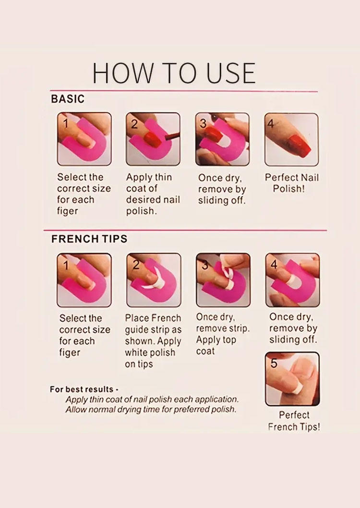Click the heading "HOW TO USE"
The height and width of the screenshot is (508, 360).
(174, 73)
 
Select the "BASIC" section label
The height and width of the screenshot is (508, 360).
(68, 99)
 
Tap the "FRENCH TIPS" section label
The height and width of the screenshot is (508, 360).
(89, 239)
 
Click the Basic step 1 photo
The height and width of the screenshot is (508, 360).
(84, 139)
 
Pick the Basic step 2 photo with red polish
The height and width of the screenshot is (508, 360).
(153, 139)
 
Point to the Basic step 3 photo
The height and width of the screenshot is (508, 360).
(222, 139)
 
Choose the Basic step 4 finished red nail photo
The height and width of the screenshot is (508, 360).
(291, 140)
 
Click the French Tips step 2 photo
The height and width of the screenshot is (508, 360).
(154, 280)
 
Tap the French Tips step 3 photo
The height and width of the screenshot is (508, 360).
(223, 280)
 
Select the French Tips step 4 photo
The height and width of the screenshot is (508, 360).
(293, 280)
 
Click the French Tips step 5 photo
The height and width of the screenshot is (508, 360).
(292, 379)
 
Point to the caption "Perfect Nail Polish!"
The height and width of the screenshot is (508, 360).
(292, 183)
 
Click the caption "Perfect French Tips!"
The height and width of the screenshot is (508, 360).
(294, 421)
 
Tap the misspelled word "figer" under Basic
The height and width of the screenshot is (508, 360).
(68, 211)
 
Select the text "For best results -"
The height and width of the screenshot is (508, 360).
(84, 389)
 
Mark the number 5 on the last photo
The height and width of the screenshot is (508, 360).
(274, 363)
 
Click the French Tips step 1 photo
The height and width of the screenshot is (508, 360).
(84, 280)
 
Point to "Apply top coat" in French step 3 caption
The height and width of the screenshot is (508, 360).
(216, 345)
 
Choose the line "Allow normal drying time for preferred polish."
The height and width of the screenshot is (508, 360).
(151, 410)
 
